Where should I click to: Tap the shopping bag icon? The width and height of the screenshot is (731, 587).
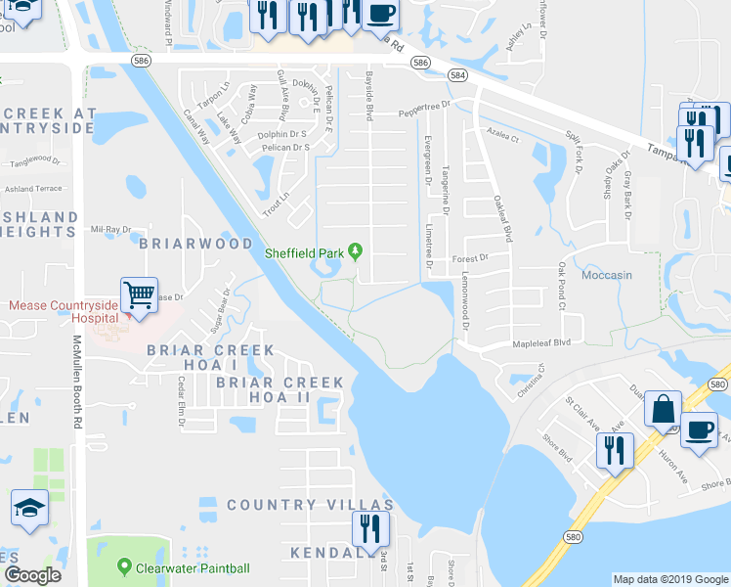(x=663, y=409)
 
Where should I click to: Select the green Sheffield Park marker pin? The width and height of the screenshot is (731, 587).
(x=355, y=252)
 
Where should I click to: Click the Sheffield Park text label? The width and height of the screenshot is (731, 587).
(x=306, y=253)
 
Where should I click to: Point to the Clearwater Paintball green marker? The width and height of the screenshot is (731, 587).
(x=124, y=567)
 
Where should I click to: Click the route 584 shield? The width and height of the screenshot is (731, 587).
(x=457, y=75)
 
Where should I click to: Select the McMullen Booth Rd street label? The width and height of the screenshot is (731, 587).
(x=76, y=382)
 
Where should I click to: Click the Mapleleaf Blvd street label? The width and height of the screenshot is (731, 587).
(x=541, y=344)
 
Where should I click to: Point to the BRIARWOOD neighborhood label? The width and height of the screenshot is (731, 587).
(x=196, y=243)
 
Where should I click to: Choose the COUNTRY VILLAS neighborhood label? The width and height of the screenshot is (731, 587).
(x=310, y=505)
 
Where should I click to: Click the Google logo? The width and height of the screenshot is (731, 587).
(x=31, y=575)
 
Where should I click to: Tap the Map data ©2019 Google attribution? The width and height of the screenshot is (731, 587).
(x=670, y=579)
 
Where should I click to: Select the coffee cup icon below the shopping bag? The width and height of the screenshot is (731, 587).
(x=699, y=430)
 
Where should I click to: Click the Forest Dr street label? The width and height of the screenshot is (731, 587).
(x=469, y=258)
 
